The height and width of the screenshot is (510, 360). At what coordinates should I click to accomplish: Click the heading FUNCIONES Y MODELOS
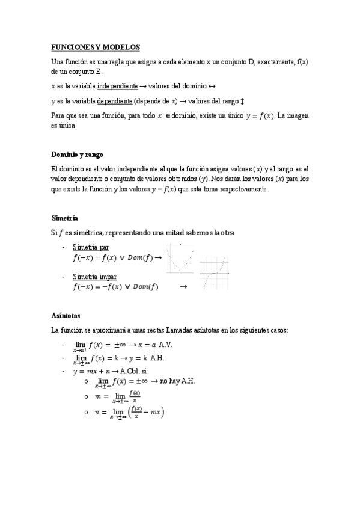95,47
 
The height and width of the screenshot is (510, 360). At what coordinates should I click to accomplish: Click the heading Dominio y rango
78,155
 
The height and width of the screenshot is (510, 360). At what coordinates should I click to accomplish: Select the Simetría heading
65,218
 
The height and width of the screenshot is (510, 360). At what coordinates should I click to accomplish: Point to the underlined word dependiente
114,100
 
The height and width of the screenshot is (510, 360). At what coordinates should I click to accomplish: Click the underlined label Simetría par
91,247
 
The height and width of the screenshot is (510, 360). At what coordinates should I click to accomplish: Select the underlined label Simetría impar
95,277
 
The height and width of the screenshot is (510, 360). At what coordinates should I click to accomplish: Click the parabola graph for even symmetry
182,258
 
